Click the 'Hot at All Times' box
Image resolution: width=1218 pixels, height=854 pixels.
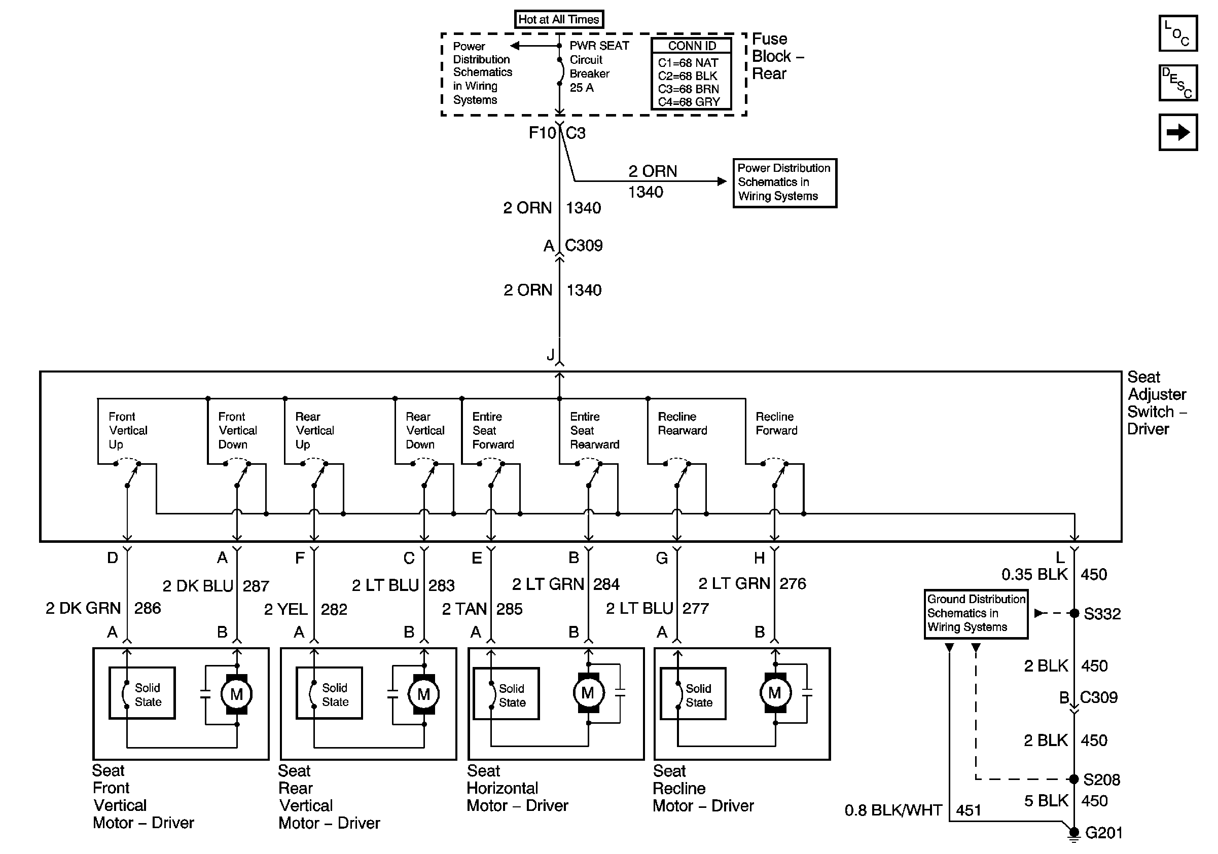(x=559, y=20)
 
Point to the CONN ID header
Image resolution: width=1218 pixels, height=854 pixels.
(x=691, y=46)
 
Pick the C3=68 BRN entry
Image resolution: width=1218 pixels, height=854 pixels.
(x=688, y=89)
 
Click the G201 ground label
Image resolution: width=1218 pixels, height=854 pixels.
(x=1103, y=833)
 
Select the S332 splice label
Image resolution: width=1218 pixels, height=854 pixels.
(x=1102, y=614)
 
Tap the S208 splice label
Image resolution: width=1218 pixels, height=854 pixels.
(x=1101, y=780)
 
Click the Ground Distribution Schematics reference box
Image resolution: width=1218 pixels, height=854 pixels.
(x=976, y=613)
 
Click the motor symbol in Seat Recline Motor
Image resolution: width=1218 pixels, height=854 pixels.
(x=774, y=692)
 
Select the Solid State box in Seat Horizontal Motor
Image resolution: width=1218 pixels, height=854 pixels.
(x=506, y=695)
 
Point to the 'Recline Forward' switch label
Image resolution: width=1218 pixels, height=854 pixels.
(x=776, y=424)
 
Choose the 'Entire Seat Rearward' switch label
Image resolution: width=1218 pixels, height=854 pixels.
(x=594, y=430)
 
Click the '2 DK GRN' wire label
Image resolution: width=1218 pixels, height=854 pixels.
(x=83, y=608)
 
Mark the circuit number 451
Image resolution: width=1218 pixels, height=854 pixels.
(x=968, y=810)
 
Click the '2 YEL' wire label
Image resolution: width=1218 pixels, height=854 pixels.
(x=286, y=610)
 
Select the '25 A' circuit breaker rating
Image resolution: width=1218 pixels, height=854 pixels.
(x=582, y=88)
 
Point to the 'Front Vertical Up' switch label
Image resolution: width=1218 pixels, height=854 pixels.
(x=128, y=430)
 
